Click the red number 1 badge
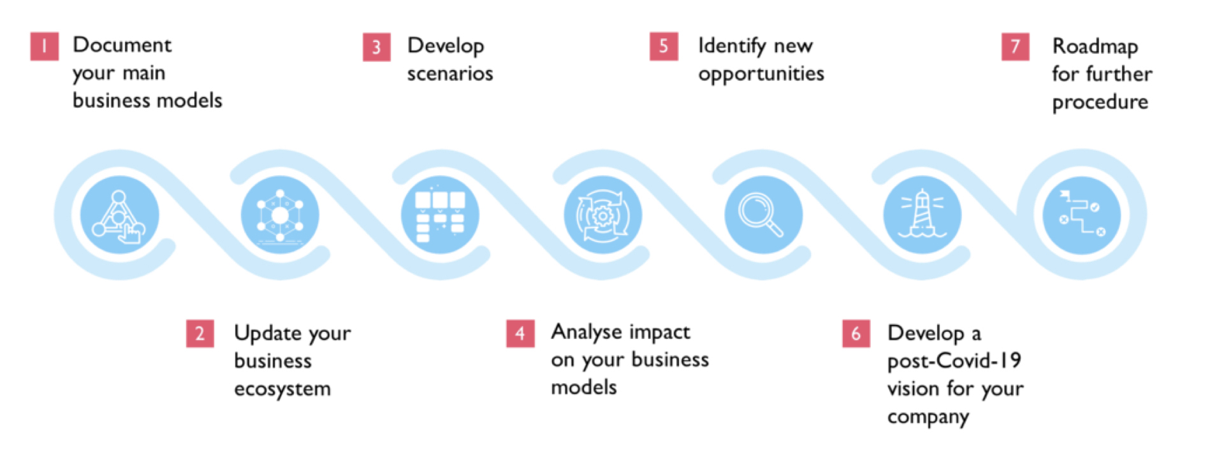coord(45,47)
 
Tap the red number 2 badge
coord(200,334)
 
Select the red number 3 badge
coord(377,47)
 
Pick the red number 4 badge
coord(520,333)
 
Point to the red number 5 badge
coord(664,47)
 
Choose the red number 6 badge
coord(856,334)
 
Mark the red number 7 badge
coord(1016,47)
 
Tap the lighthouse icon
coord(922,214)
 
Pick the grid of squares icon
coord(440,215)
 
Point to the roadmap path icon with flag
coord(1082,213)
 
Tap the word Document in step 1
coord(122,45)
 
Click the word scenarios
coord(450,74)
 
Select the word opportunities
coord(761,75)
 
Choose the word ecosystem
coord(282,389)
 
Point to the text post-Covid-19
coord(954,361)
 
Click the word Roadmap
coord(1095,47)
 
